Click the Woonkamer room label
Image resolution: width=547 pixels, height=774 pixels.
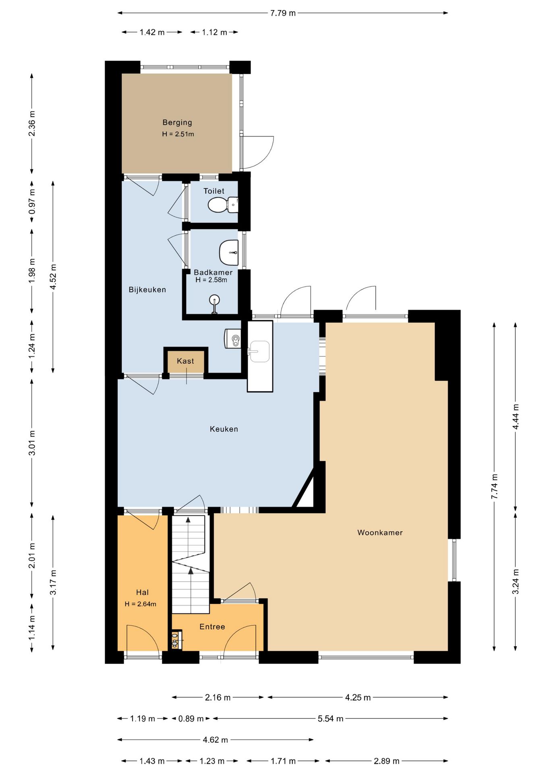[380, 533]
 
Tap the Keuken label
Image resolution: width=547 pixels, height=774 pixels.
[224, 429]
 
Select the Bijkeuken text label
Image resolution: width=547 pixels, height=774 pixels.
[147, 289]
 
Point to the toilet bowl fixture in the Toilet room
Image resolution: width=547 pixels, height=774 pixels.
[223, 205]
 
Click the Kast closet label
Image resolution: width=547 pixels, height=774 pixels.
[185, 361]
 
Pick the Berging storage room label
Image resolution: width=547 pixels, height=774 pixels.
[177, 122]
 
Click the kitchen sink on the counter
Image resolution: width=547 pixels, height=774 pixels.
[259, 351]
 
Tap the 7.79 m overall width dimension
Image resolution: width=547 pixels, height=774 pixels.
[283, 13]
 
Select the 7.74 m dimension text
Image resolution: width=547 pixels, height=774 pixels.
[494, 486]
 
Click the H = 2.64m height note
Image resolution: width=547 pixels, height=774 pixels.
[141, 604]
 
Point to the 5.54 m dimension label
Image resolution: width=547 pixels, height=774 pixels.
[330, 718]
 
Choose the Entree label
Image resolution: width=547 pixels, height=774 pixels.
[212, 626]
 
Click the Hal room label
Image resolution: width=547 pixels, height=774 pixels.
[142, 592]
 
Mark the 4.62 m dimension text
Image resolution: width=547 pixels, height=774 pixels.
[215, 740]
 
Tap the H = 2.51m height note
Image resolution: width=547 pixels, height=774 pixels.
[178, 134]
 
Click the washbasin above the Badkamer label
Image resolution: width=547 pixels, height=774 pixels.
[229, 252]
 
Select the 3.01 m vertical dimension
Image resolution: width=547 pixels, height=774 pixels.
[32, 443]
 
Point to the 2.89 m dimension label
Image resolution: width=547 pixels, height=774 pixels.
[386, 761]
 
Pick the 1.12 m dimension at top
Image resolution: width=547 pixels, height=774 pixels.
[214, 32]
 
